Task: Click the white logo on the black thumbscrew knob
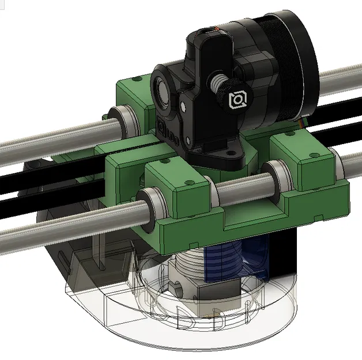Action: coord(237,100)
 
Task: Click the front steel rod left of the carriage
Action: coord(58,230)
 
